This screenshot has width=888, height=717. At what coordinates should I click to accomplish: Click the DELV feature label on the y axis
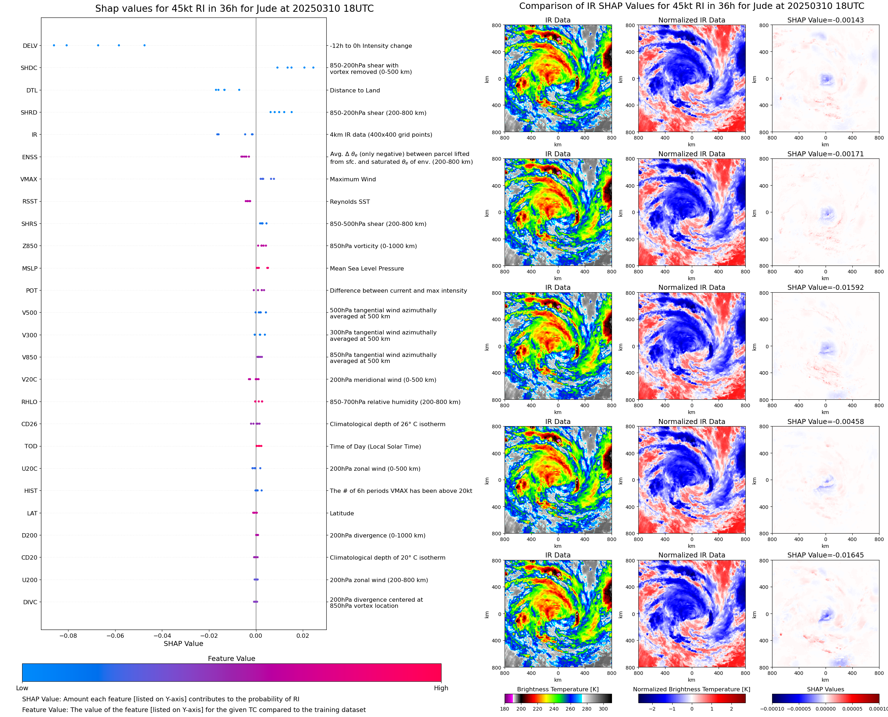(x=30, y=46)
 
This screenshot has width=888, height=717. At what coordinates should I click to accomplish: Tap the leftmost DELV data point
(x=53, y=45)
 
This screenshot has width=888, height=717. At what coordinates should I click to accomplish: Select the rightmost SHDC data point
(x=313, y=68)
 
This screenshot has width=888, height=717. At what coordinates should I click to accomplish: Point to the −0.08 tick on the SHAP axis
(x=68, y=636)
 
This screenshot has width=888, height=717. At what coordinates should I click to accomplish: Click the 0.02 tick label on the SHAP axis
(x=302, y=636)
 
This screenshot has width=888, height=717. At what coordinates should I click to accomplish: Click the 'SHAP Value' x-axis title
(x=183, y=643)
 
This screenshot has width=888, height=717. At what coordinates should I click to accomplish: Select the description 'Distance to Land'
(x=354, y=90)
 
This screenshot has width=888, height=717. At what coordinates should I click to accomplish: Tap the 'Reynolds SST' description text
(x=349, y=202)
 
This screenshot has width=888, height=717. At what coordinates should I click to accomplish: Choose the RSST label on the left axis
(x=30, y=202)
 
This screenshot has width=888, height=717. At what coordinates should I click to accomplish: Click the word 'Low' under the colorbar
(x=22, y=688)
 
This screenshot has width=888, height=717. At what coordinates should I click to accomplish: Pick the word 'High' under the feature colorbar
(x=441, y=688)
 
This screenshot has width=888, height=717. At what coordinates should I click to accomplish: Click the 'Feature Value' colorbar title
(x=231, y=658)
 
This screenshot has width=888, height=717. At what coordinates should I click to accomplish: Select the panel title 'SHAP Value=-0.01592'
(x=825, y=287)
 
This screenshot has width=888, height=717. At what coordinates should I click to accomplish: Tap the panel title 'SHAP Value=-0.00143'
(x=825, y=20)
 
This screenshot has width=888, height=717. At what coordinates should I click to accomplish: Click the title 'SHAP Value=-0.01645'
(x=825, y=555)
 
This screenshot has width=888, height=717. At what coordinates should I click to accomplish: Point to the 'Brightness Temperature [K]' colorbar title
(x=557, y=689)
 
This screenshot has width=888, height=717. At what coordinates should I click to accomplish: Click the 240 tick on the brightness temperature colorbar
(x=554, y=709)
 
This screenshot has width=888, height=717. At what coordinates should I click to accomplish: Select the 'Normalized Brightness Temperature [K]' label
(x=691, y=689)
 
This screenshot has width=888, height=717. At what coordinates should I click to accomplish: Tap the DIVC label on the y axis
(x=30, y=602)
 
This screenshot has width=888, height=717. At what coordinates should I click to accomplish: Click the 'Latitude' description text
(x=342, y=513)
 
